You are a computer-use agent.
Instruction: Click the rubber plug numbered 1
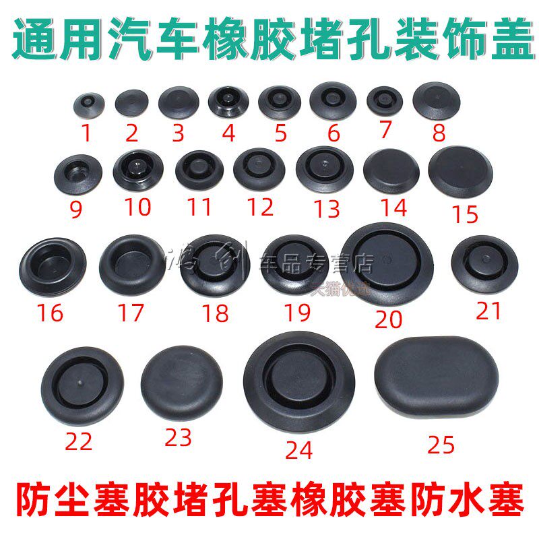click(x=86, y=103)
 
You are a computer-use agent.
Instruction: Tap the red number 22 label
click(x=78, y=442)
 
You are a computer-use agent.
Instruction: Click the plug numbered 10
click(x=138, y=168)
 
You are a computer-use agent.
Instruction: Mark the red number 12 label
click(x=260, y=207)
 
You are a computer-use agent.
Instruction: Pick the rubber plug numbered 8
click(x=437, y=100)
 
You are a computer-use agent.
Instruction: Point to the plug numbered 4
click(x=228, y=103)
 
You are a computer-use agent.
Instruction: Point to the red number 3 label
click(x=178, y=133)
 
